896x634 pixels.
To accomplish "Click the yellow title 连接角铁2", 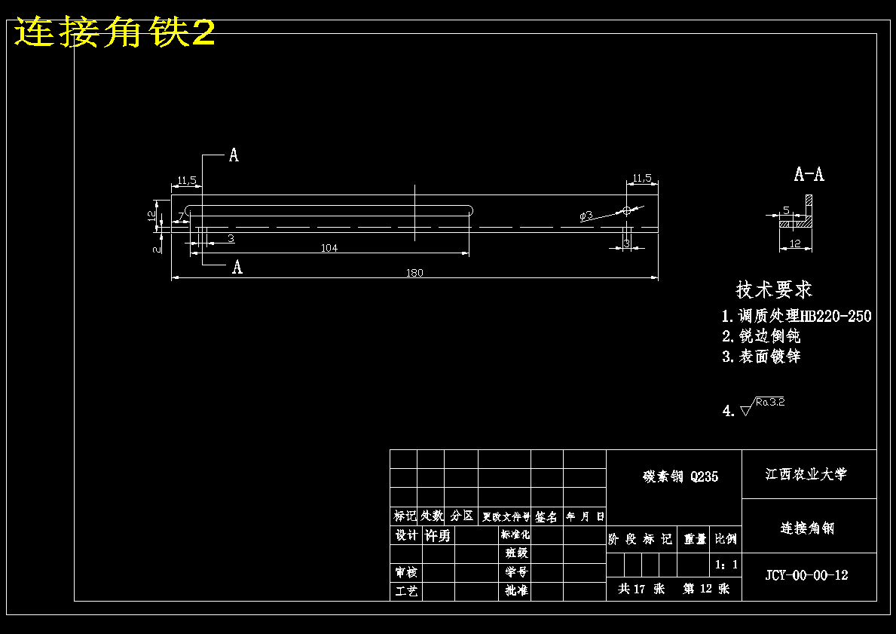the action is pyautogui.click(x=115, y=33).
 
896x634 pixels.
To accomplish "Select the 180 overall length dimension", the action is pyautogui.click(x=414, y=273).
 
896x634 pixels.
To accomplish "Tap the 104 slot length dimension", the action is pyautogui.click(x=329, y=248).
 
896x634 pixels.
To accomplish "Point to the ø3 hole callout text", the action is pyautogui.click(x=586, y=216).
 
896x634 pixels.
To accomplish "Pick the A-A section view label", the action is pyautogui.click(x=809, y=175).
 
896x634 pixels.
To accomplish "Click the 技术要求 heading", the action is pyautogui.click(x=774, y=289).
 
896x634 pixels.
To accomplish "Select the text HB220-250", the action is pyautogui.click(x=836, y=316).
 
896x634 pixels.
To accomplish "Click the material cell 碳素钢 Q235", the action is pyautogui.click(x=680, y=476).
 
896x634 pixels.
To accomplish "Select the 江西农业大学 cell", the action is pyautogui.click(x=806, y=474).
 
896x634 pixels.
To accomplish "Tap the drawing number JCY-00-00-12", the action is pyautogui.click(x=806, y=575).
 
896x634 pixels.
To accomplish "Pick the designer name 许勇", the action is pyautogui.click(x=438, y=535).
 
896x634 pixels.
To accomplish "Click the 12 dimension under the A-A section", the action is pyautogui.click(x=794, y=243).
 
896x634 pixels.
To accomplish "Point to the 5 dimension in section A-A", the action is pyautogui.click(x=786, y=210).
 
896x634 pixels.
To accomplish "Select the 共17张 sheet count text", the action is pyautogui.click(x=641, y=589).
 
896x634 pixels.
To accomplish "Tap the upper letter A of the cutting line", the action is pyautogui.click(x=234, y=155).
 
